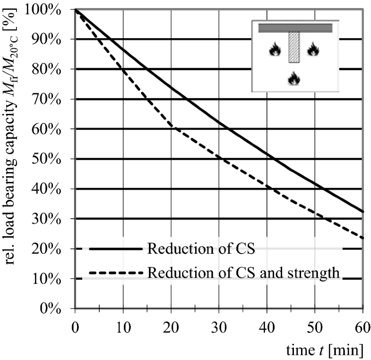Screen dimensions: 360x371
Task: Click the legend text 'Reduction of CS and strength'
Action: [244, 273]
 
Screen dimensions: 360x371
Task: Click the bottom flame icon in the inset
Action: [294, 79]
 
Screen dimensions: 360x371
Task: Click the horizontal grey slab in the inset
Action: [295, 28]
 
